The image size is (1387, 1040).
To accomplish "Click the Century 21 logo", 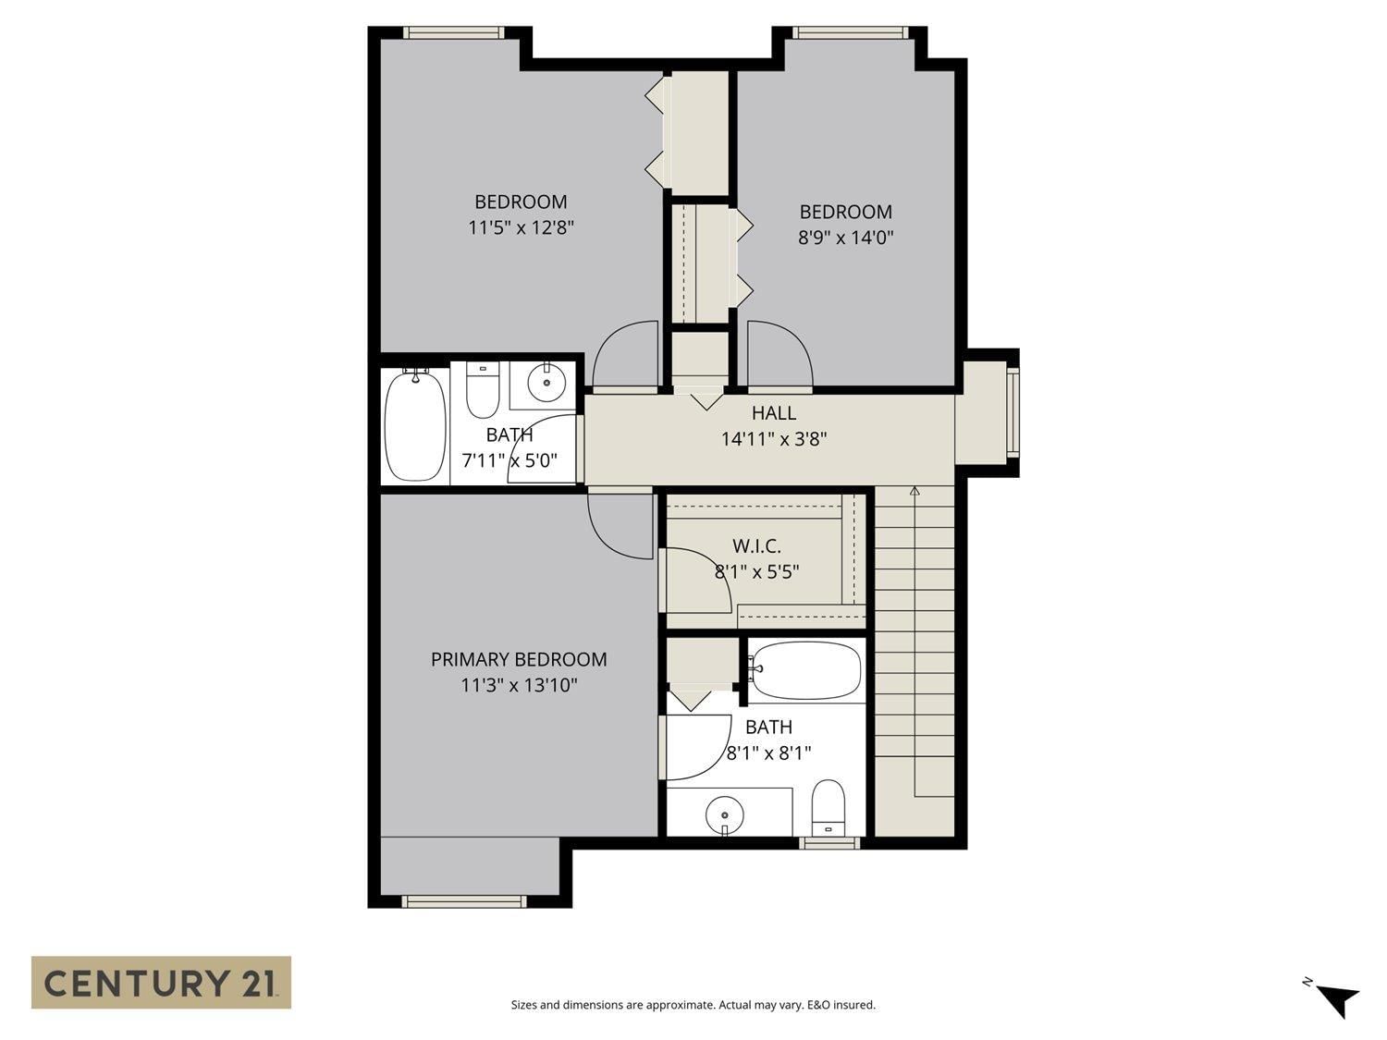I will pyautogui.click(x=161, y=983).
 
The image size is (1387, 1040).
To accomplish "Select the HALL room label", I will pyautogui.click(x=773, y=413).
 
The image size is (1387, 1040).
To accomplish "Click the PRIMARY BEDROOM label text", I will pyautogui.click(x=519, y=659).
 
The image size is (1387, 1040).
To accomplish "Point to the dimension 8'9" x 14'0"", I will pyautogui.click(x=845, y=238).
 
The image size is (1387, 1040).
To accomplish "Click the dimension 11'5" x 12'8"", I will pyautogui.click(x=522, y=227).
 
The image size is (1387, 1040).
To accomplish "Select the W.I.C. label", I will pyautogui.click(x=756, y=546).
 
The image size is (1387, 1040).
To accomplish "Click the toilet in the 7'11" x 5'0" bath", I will pyautogui.click(x=483, y=390).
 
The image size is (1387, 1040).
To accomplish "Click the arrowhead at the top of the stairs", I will pyautogui.click(x=914, y=492).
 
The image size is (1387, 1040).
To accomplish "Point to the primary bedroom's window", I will pyautogui.click(x=464, y=901).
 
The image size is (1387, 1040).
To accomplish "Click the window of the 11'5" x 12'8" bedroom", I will pyautogui.click(x=453, y=33).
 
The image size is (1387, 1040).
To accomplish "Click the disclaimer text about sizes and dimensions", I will pyautogui.click(x=693, y=1005).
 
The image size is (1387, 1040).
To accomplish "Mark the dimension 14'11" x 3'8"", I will pyautogui.click(x=773, y=439).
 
